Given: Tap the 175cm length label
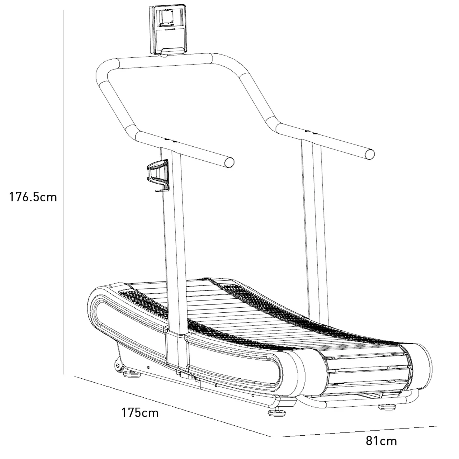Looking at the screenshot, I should tap(139, 412).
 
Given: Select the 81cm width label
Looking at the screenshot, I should tap(381, 440).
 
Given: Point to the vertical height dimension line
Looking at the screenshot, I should tap(63, 194).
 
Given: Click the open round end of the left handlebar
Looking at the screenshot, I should tap(228, 162).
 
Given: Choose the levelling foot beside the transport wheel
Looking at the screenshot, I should tap(132, 374).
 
